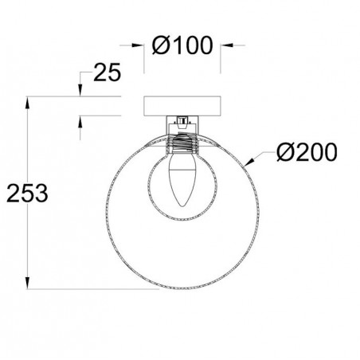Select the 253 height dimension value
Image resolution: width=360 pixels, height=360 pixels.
point(27,192)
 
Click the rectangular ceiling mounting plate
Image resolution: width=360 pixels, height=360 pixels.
point(182,106)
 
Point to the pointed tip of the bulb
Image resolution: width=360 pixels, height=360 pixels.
point(182,212)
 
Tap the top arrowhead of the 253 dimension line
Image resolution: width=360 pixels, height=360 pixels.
point(29,101)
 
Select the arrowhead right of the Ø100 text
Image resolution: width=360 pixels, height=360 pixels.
point(221,45)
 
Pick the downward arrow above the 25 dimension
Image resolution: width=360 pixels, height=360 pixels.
point(82,94)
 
